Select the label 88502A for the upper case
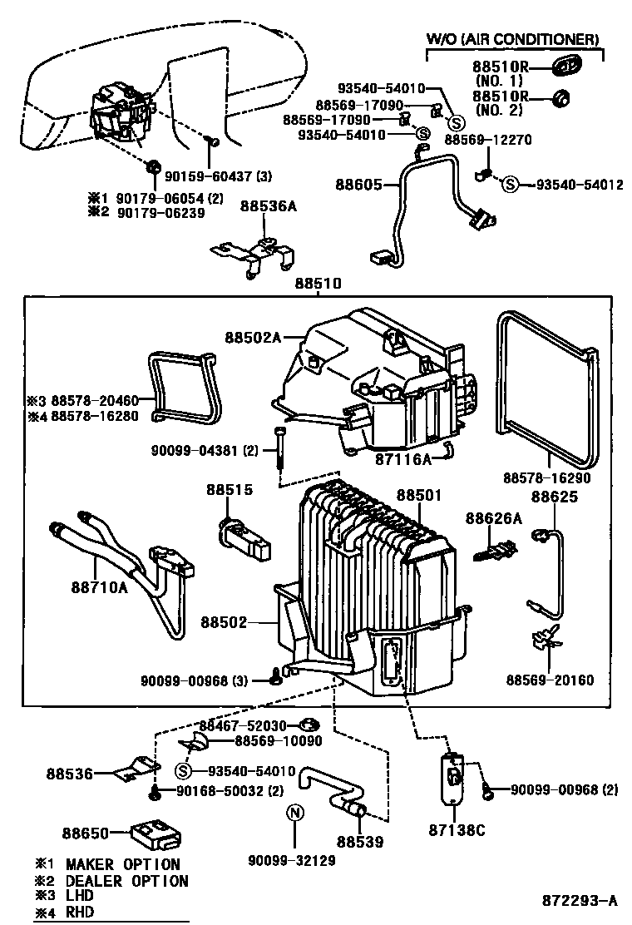pyautogui.click(x=253, y=337)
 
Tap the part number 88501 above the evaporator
pyautogui.click(x=418, y=495)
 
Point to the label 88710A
pyautogui.click(x=98, y=588)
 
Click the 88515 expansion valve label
pyautogui.click(x=229, y=490)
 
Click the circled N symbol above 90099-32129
pyautogui.click(x=293, y=813)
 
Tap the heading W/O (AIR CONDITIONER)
pyautogui.click(x=512, y=39)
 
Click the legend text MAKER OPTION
pyautogui.click(x=122, y=864)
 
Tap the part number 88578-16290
pyautogui.click(x=546, y=478)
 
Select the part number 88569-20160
pyautogui.click(x=550, y=680)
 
